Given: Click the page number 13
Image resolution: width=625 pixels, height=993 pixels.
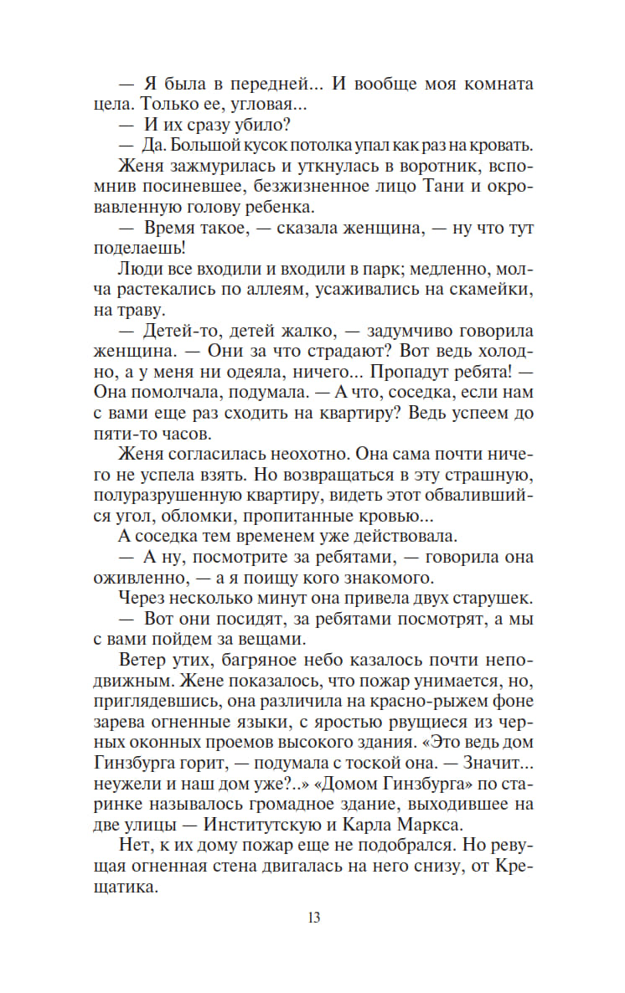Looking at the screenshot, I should [313, 917].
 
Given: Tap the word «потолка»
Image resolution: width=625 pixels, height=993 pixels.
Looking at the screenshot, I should [297, 145].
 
